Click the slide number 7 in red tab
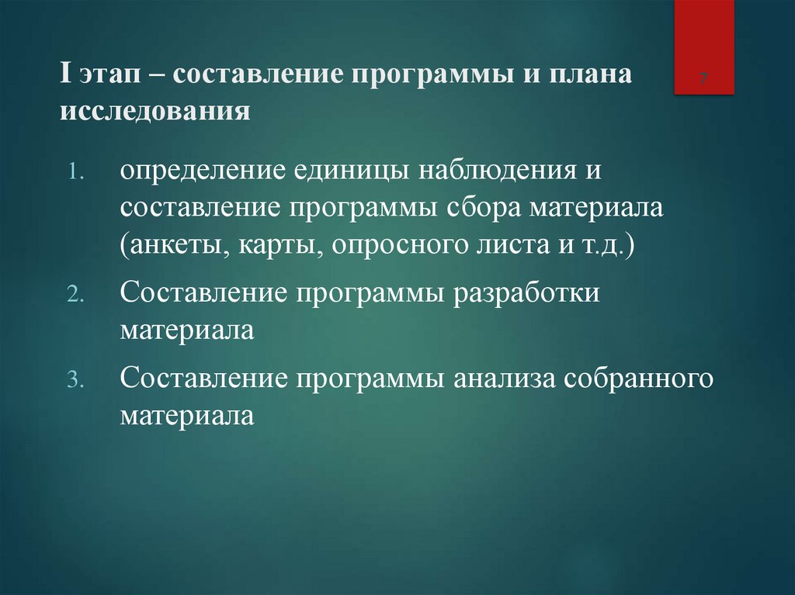tap(703, 79)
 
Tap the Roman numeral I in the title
tap(64, 77)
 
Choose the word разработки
tap(533, 295)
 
